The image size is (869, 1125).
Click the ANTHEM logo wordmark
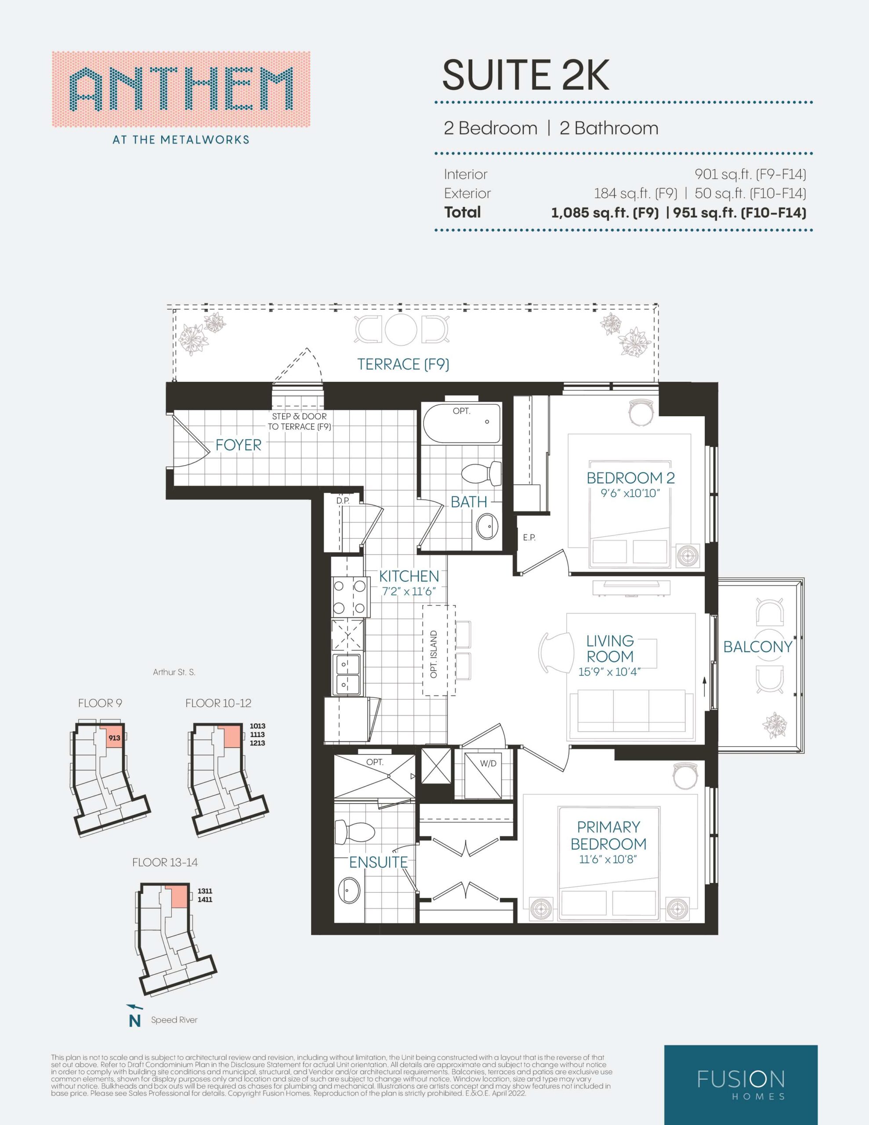[x=181, y=89]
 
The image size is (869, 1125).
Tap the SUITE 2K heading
[x=525, y=75]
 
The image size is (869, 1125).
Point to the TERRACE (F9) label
[x=403, y=365]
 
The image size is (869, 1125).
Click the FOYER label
[x=239, y=445]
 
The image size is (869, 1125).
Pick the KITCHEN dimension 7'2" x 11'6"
[x=409, y=592]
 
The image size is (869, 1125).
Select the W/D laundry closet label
[x=488, y=763]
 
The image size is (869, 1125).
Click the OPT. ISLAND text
[x=434, y=654]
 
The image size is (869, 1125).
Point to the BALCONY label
[x=758, y=647]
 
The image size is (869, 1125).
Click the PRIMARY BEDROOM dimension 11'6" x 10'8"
[x=608, y=860]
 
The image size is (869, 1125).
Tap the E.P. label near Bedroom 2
[x=529, y=537]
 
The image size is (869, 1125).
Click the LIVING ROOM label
[x=610, y=649]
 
